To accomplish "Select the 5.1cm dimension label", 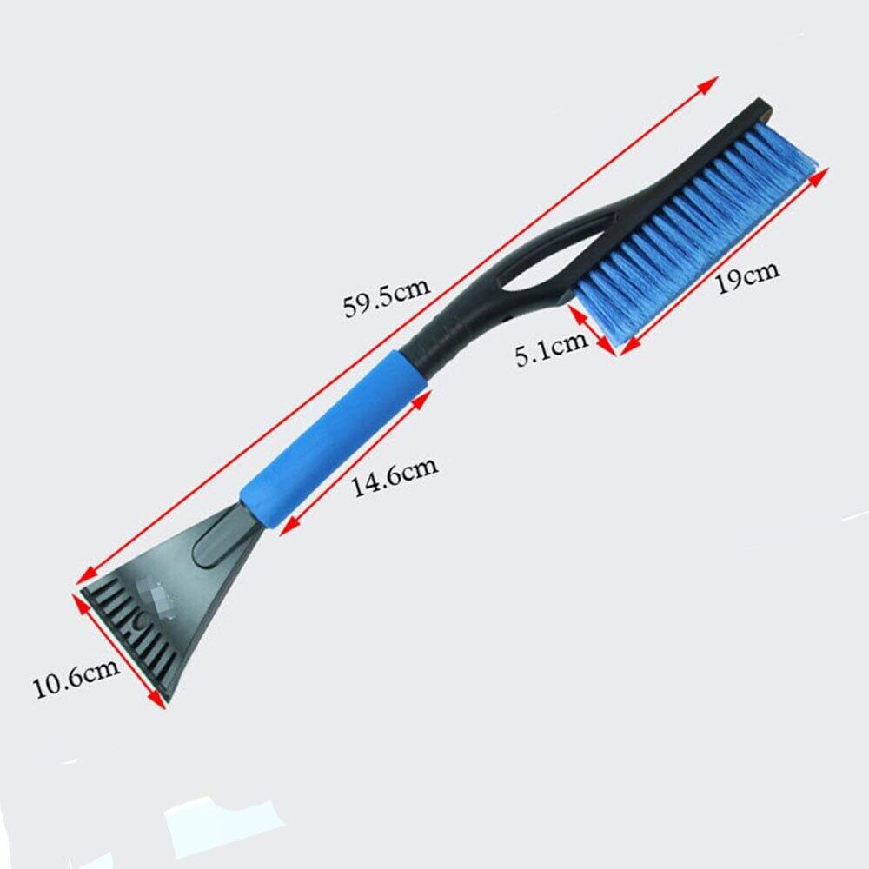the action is coord(552,348).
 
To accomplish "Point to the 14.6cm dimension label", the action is coord(395,476).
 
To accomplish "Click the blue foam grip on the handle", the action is coord(335,438).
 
